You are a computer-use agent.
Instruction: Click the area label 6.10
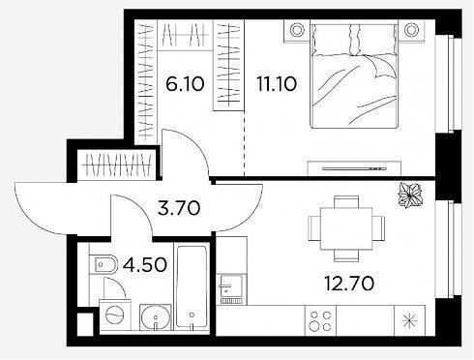(x=185, y=84)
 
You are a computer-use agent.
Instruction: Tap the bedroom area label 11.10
(x=277, y=84)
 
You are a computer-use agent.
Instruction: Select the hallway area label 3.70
(x=179, y=208)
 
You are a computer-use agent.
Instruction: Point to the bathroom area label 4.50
(x=145, y=265)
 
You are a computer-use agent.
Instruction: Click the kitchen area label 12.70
(x=349, y=284)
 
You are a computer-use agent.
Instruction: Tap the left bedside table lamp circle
(x=297, y=30)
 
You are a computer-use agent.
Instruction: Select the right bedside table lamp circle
(x=411, y=30)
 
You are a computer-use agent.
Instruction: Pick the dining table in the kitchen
(x=346, y=228)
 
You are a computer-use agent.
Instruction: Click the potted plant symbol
(x=410, y=195)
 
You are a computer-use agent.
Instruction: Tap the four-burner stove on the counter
(x=320, y=320)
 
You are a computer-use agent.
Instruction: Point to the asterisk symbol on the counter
(x=410, y=320)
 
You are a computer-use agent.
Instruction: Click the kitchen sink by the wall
(x=230, y=289)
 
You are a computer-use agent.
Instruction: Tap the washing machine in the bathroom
(x=115, y=315)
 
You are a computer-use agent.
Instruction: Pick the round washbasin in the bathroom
(x=156, y=317)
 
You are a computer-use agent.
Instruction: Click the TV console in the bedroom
(x=354, y=168)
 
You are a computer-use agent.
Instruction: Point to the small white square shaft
(x=85, y=323)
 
